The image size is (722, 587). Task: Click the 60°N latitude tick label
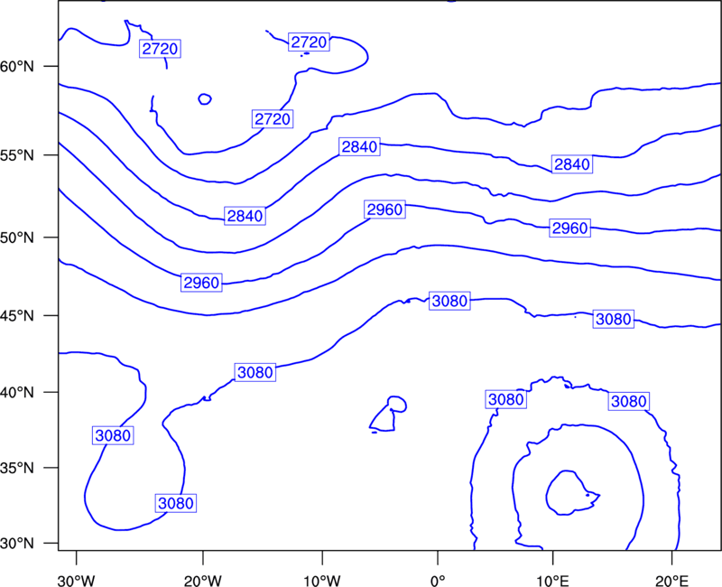17,67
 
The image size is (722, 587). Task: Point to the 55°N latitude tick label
17,155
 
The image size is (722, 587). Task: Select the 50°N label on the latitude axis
17,238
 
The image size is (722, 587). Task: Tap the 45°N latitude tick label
17,315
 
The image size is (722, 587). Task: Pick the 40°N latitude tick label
17,393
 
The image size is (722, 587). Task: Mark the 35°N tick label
17,468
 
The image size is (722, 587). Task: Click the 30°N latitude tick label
17,544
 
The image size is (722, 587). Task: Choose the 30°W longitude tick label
76,581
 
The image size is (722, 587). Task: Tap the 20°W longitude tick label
203,581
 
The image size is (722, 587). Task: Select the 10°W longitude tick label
322,581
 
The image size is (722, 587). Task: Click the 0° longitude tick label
438,581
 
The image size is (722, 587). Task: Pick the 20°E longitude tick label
672,581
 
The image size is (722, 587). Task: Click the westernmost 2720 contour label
160,49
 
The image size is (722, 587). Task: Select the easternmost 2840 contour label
572,164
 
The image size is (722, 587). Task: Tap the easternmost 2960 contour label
570,228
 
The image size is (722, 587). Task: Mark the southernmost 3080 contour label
175,503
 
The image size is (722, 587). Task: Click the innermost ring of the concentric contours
547,495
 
